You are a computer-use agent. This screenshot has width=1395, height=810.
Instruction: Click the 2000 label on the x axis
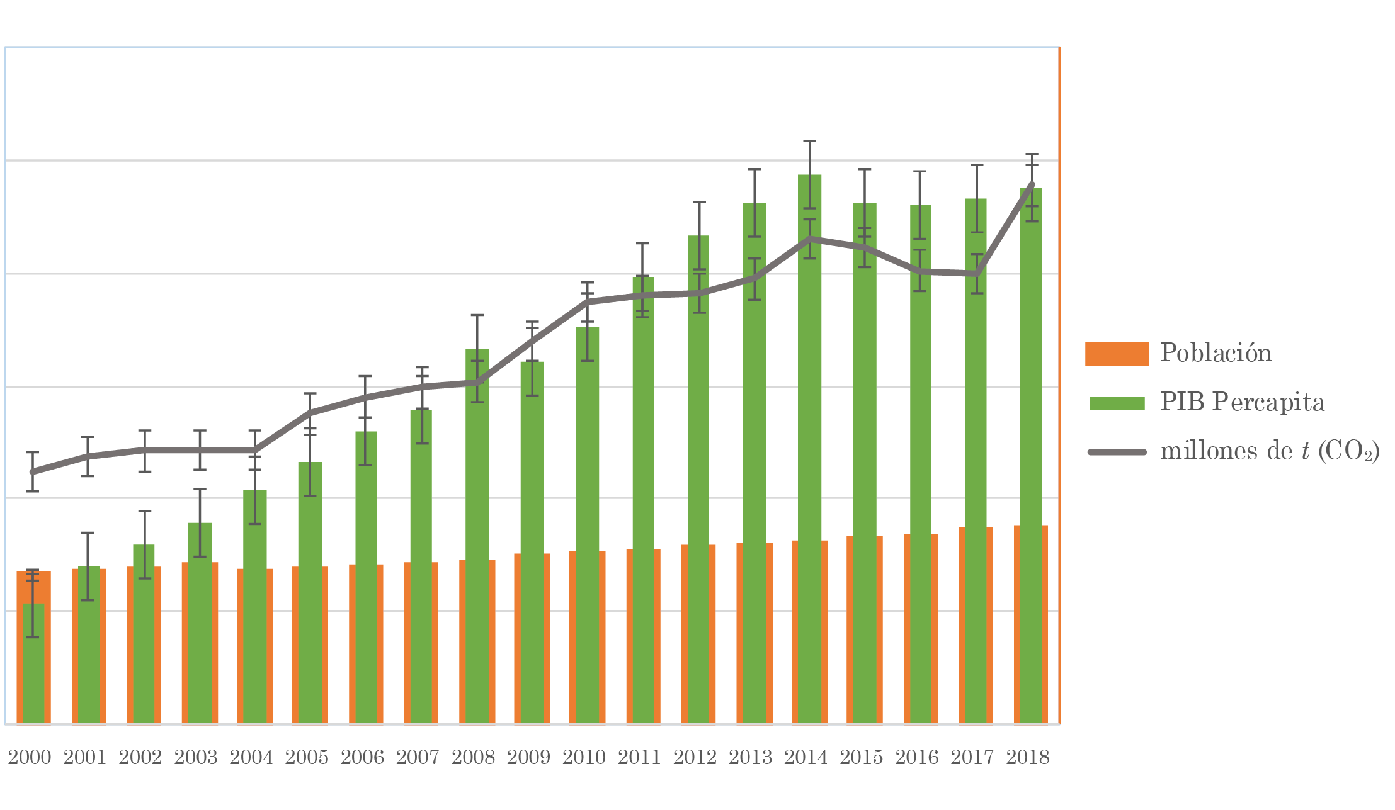[30, 757]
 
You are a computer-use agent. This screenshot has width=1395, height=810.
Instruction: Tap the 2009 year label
[528, 757]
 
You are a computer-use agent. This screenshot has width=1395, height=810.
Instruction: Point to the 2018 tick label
[1027, 757]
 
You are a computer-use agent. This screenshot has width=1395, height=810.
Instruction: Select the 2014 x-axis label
[806, 757]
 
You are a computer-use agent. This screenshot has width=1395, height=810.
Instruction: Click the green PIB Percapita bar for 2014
[809, 441]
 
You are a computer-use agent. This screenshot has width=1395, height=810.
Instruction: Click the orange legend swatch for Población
[1117, 354]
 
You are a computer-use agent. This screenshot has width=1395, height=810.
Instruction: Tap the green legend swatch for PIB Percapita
[1117, 403]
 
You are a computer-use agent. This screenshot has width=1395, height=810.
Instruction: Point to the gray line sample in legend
[1117, 452]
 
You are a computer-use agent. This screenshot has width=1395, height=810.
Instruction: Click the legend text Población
[1216, 353]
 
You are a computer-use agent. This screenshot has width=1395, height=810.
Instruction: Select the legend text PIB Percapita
[1242, 402]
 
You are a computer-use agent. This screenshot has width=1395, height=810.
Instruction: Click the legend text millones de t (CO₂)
[1270, 451]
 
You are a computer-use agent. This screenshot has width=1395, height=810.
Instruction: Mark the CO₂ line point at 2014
[809, 239]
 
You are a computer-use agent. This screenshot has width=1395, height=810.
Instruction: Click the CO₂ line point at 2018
[1032, 184]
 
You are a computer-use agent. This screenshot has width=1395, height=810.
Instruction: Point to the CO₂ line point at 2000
[33, 471]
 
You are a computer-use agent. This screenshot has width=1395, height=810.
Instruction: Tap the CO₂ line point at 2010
[587, 302]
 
